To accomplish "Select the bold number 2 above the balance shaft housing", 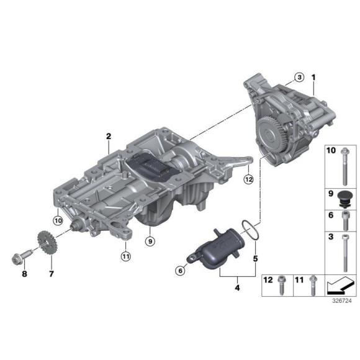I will (108, 136).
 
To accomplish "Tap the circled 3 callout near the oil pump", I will (299, 78).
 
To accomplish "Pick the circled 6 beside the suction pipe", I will (181, 270).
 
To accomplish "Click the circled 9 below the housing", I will (149, 240).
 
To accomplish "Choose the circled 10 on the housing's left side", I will (58, 219).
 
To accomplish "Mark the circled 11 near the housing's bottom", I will (125, 254).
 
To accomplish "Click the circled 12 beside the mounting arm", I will (249, 179).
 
